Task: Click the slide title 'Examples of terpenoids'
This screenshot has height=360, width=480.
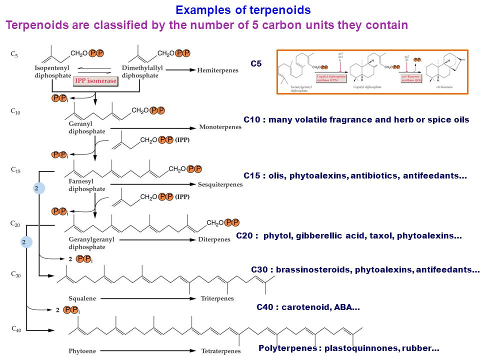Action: (243, 10)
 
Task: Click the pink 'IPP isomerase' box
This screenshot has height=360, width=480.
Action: (95, 81)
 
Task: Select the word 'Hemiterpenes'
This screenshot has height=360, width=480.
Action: (218, 70)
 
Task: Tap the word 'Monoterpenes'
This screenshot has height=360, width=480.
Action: (220, 127)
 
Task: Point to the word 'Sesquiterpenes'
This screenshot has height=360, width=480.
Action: (220, 184)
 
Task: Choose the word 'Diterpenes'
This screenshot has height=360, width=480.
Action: (214, 239)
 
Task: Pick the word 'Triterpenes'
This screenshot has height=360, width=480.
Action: (217, 298)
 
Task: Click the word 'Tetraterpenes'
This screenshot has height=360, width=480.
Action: (220, 351)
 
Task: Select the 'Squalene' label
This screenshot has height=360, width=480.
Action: (82, 298)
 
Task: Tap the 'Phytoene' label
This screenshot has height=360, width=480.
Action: (82, 351)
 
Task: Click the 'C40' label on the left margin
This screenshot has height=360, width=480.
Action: (16, 329)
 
